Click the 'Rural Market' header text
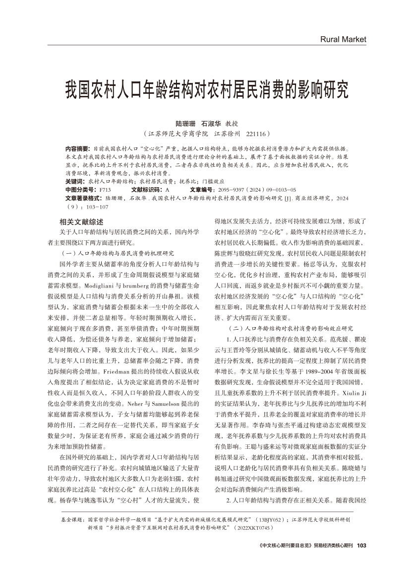tap(343, 39)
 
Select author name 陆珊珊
tap(186, 123)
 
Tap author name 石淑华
tap(211, 123)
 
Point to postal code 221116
tap(256, 134)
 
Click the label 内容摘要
tap(77, 148)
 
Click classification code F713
tap(104, 190)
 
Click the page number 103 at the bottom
tap(361, 545)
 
